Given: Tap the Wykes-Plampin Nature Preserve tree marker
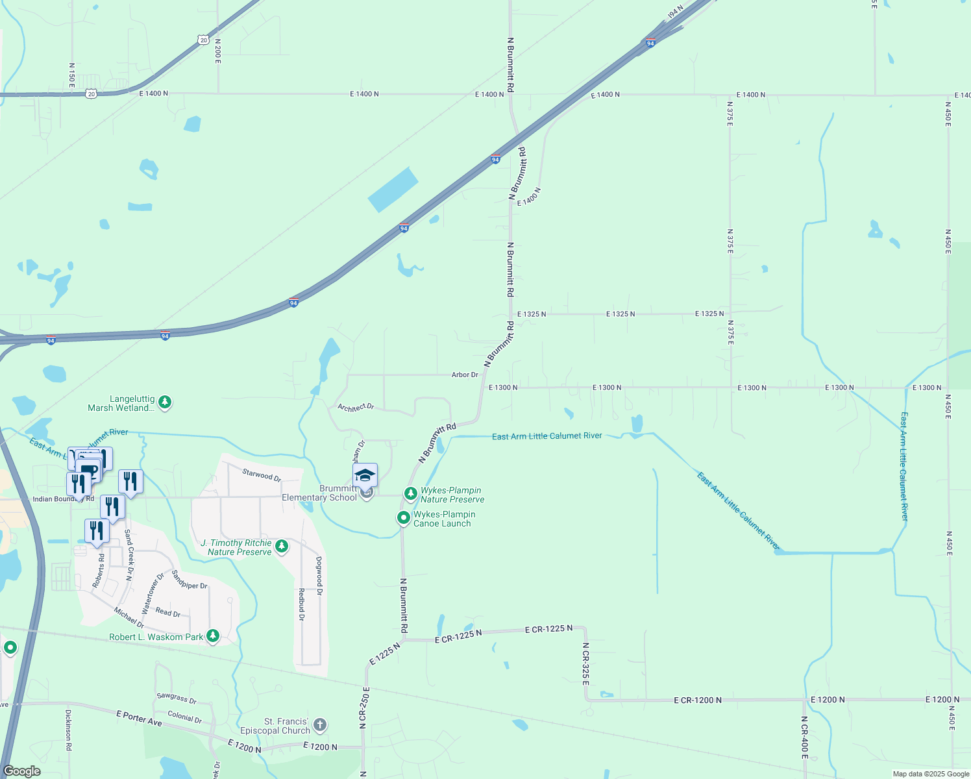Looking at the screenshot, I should point(410,494).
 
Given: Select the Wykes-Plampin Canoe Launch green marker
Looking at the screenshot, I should point(404,518).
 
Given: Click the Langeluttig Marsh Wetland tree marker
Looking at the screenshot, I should point(166,402).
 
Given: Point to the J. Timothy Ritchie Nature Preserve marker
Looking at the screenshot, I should point(282,546).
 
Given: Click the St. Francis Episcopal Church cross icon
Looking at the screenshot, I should point(319,724).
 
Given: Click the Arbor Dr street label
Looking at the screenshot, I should point(465,375).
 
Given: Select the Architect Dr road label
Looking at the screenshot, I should point(356,407).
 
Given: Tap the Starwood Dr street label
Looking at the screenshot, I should point(262,475).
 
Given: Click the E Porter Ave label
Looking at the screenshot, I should point(139,718).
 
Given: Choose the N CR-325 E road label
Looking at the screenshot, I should point(585,664).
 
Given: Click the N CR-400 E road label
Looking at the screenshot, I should point(804,738).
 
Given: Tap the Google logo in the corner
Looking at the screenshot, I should point(22,771).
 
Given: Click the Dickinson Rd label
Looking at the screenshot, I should point(68,730).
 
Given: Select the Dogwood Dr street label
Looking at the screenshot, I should point(319,576).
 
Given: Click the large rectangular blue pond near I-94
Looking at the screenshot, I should point(393,190).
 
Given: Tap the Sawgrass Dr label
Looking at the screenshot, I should point(177,698).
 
